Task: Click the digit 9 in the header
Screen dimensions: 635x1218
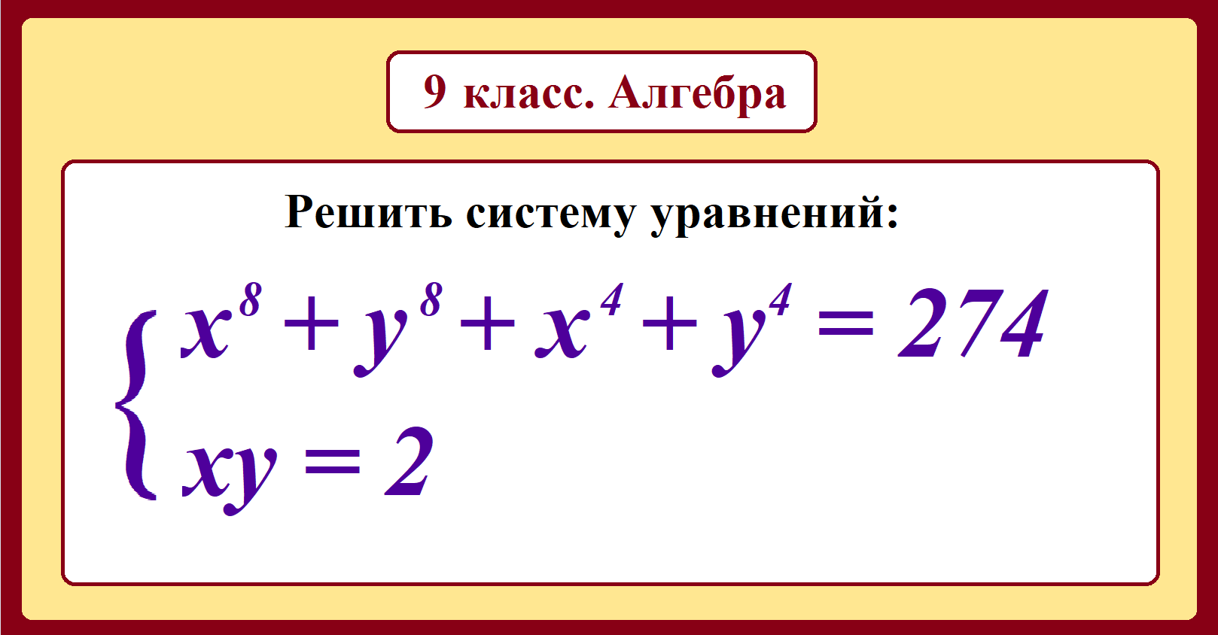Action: [434, 92]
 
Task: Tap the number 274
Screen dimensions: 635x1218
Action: [973, 325]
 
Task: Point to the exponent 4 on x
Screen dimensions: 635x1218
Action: [611, 300]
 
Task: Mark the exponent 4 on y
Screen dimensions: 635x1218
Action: [780, 300]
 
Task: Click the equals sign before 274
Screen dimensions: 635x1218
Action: [845, 327]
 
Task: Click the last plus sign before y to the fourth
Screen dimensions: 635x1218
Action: [669, 326]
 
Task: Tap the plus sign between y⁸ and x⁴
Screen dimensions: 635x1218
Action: [488, 326]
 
